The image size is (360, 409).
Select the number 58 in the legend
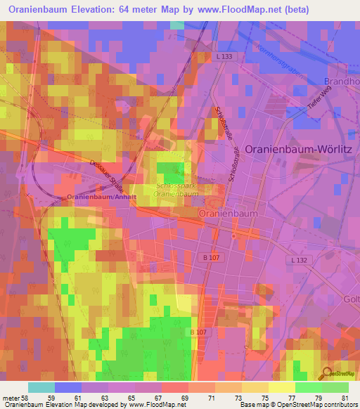[27, 397]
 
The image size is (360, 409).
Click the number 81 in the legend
[345, 397]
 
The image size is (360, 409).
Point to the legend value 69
[185, 397]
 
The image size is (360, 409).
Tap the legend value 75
[265, 397]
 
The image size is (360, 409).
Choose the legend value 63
[105, 397]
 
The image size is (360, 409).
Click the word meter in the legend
[11, 397]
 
